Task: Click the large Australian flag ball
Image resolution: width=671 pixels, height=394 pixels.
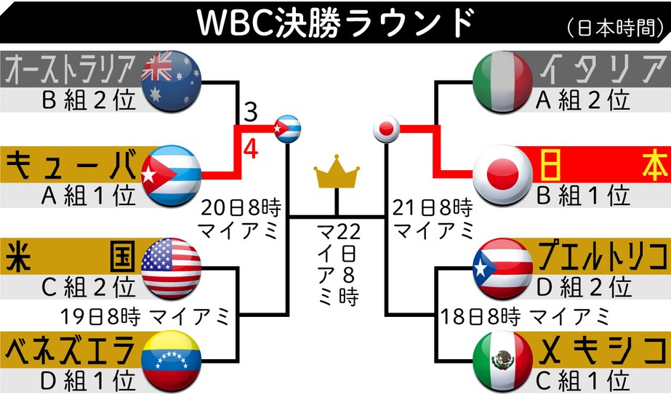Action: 172,81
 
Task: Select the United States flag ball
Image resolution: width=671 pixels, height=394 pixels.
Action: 172,268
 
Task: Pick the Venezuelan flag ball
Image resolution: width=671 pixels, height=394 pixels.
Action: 172,361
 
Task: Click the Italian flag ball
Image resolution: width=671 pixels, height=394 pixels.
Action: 502,81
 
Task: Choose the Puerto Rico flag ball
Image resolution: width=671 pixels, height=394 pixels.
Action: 502,268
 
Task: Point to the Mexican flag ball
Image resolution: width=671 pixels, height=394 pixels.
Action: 502,361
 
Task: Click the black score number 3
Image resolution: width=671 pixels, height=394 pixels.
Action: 250,113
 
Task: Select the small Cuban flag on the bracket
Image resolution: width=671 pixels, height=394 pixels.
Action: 286,129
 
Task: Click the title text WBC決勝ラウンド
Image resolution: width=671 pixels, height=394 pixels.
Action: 335,24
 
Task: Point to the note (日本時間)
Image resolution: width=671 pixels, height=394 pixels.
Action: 615,27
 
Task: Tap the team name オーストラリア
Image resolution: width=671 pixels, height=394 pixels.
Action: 71,70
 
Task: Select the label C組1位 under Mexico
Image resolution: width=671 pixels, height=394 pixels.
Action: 580,379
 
